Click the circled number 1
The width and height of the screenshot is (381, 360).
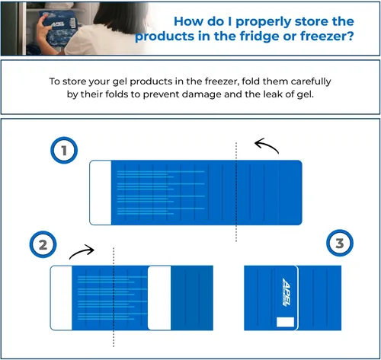coord(64,151)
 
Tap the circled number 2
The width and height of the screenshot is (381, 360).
coord(43,244)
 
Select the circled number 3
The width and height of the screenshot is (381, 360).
coord(340,243)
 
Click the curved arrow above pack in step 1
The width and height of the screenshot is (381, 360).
coord(266,145)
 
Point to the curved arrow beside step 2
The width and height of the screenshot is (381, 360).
coord(82,251)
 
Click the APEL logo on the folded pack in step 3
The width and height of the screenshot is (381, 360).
coord(287,292)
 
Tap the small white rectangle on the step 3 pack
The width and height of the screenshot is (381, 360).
coord(285,322)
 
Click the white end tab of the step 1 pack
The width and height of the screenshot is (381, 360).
coord(101,193)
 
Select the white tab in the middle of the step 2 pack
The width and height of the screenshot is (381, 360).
coord(159,298)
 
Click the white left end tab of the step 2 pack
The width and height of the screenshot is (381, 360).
coord(61,298)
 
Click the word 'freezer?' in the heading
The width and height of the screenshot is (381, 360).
coord(327,36)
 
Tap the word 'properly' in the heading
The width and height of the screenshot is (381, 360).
coord(264,22)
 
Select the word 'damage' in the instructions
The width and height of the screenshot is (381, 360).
coord(202,94)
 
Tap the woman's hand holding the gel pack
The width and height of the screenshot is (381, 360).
coord(43,31)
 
